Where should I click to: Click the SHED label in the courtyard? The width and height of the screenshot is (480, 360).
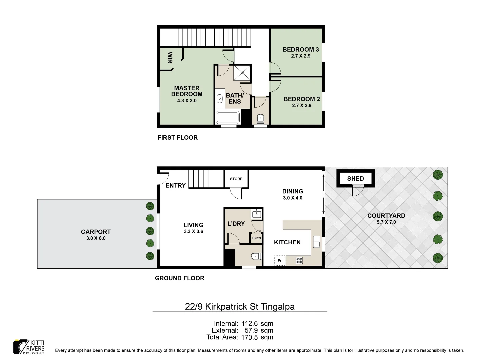(355, 179)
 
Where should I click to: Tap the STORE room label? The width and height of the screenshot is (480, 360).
(236, 179)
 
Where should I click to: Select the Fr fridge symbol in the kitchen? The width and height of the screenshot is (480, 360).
(280, 261)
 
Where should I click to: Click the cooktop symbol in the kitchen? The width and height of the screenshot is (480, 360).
(299, 261)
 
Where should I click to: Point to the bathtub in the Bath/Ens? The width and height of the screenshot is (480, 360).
(228, 118)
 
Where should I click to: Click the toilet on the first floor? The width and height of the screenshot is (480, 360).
(260, 118)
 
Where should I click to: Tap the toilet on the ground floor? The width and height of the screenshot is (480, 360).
(255, 256)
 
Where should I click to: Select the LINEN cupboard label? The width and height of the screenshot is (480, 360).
(256, 238)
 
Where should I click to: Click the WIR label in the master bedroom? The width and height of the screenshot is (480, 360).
(170, 58)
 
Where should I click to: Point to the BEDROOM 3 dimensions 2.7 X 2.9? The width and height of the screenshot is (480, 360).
(301, 56)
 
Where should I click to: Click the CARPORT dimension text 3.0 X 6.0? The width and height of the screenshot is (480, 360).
(96, 238)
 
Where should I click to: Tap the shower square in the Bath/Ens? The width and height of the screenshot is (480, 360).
(242, 73)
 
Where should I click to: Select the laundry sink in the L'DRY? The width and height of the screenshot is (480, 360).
(256, 213)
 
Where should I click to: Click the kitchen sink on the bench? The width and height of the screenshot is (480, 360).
(317, 242)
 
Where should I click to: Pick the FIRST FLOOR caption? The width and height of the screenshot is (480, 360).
(178, 138)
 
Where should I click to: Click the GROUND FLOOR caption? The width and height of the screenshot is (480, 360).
(180, 278)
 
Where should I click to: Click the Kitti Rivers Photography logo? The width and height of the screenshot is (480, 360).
(29, 347)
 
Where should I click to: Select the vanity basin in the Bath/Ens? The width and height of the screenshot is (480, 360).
(220, 99)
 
